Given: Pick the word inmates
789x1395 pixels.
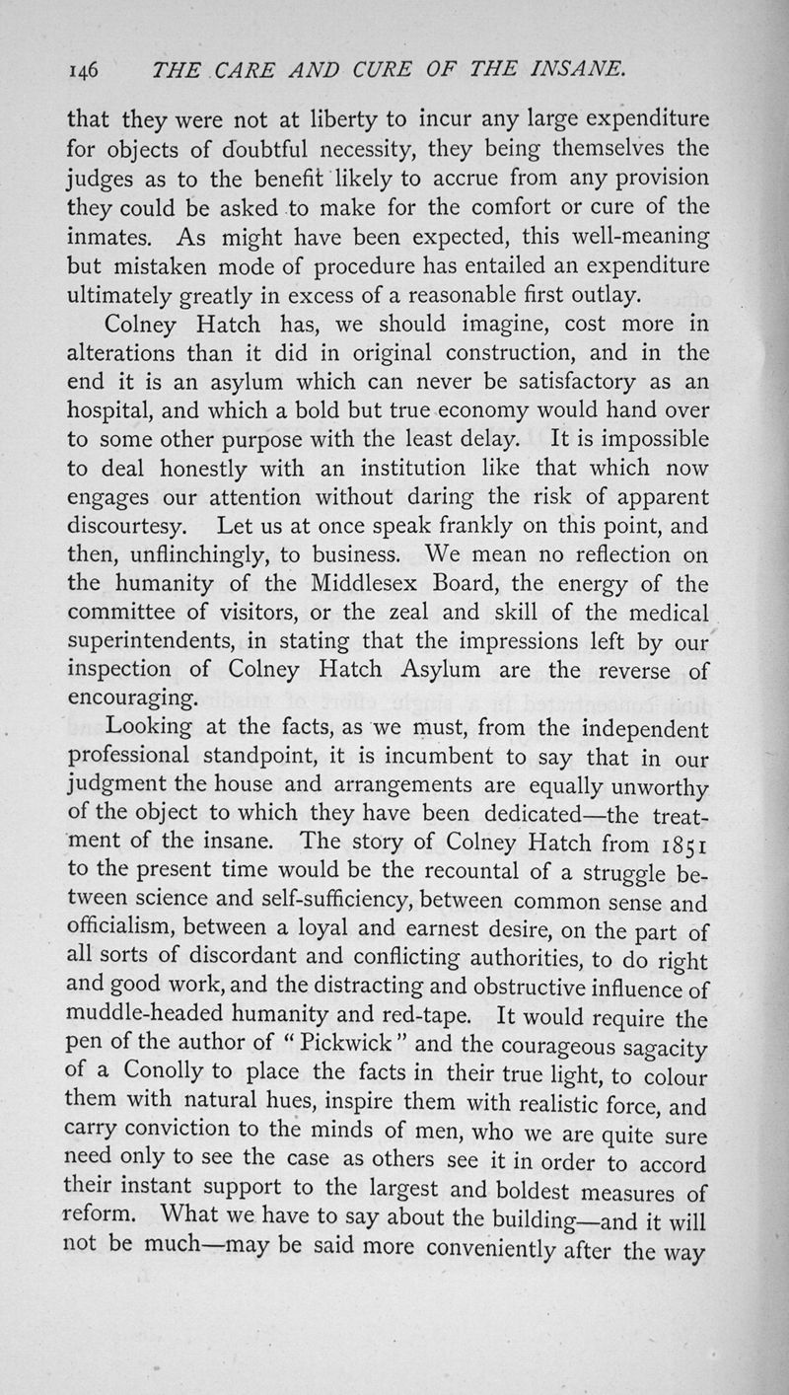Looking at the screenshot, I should (x=106, y=237).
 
